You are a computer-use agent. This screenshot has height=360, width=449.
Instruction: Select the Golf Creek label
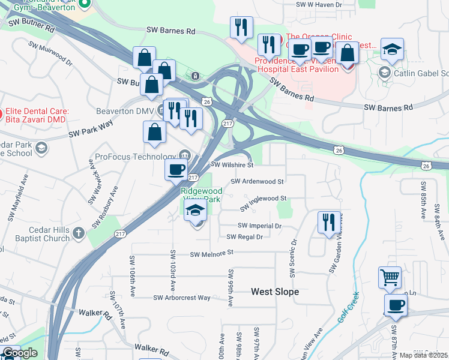pyautogui.click(x=348, y=307)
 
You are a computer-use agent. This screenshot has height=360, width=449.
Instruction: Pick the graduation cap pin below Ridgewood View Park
pyautogui.click(x=196, y=211)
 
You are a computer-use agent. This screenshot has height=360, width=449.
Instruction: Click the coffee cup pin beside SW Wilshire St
pyautogui.click(x=176, y=169)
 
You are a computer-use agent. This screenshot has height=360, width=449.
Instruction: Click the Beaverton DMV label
pyautogui.click(x=125, y=112)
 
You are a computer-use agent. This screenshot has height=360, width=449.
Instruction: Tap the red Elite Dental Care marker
pyautogui.click(x=1, y=112)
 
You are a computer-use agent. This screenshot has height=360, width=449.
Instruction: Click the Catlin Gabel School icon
pyautogui.click(x=384, y=73)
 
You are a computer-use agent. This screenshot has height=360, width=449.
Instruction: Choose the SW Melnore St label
pyautogui.click(x=211, y=254)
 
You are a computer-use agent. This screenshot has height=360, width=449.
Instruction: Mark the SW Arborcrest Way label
pyautogui.click(x=182, y=298)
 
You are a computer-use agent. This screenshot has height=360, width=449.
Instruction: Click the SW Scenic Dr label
pyautogui.click(x=293, y=259)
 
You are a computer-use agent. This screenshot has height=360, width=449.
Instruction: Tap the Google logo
pyautogui.click(x=19, y=353)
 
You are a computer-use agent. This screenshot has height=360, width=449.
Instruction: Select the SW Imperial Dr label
pyautogui.click(x=259, y=226)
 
